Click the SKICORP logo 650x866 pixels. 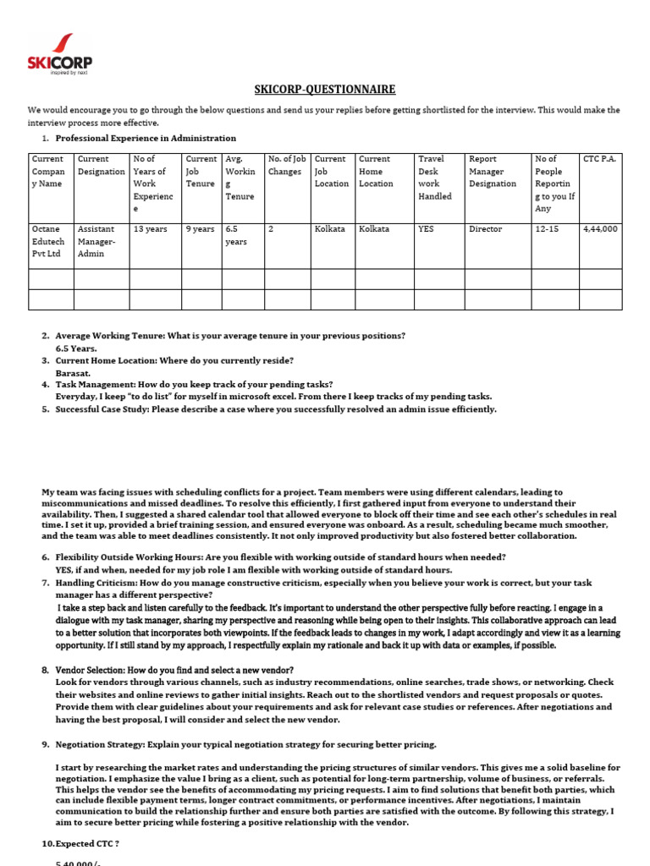[59, 53]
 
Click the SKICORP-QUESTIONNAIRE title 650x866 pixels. [325, 90]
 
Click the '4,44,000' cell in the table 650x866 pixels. [600, 229]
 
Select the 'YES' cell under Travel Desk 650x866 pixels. [428, 229]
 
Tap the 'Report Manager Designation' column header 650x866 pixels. [493, 171]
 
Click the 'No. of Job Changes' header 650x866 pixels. [286, 165]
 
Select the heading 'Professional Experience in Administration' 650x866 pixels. [146, 138]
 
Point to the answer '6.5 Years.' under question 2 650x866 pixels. [76, 348]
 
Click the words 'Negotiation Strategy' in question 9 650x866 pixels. [100, 744]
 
